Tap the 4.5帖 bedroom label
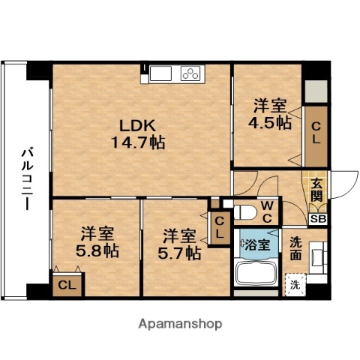click(x=271, y=115)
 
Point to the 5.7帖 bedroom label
click(x=178, y=244)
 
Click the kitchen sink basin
click(x=161, y=73)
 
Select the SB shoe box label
click(x=318, y=219)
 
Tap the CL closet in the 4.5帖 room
click(x=316, y=133)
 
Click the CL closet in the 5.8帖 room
click(x=67, y=285)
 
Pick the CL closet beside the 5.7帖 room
click(x=220, y=227)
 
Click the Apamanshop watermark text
click(x=180, y=324)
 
